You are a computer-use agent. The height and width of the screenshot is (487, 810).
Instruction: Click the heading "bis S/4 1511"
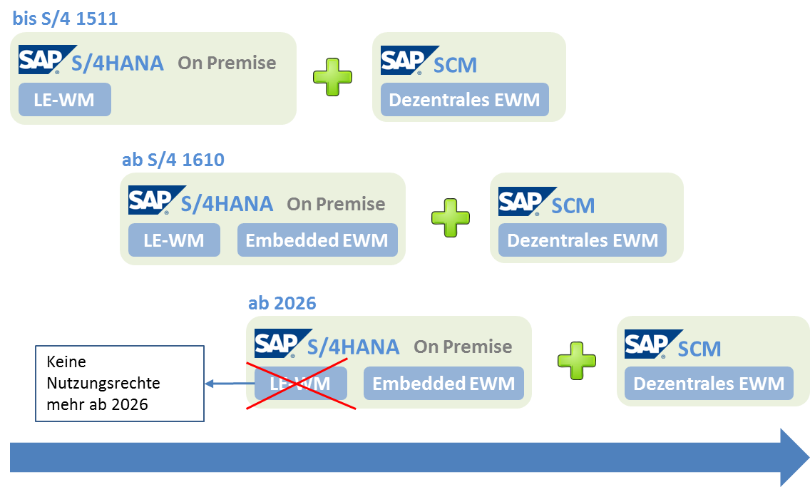(65, 19)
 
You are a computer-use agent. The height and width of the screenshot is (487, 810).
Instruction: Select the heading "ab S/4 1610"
(173, 159)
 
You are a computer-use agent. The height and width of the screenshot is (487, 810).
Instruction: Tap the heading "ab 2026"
(282, 303)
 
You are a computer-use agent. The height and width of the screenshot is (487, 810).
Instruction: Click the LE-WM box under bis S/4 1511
(64, 100)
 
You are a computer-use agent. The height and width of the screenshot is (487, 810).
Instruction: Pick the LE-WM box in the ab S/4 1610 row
(174, 240)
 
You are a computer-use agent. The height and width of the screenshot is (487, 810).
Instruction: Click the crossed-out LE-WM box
(300, 384)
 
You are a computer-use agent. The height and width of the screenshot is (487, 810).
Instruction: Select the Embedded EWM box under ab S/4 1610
(317, 240)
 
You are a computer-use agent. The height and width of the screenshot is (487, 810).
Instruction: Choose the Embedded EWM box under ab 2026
(444, 384)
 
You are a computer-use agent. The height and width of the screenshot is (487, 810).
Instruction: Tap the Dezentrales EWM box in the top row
(464, 100)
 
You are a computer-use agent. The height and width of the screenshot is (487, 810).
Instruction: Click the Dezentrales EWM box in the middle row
(582, 240)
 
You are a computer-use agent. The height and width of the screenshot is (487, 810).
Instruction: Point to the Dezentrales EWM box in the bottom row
(709, 384)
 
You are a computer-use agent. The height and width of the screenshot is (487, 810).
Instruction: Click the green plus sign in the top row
(333, 76)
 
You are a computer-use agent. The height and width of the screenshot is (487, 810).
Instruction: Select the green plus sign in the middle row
(451, 217)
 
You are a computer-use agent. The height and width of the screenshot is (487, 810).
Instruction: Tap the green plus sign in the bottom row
(577, 361)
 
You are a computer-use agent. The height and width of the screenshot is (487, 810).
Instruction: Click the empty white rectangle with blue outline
(120, 384)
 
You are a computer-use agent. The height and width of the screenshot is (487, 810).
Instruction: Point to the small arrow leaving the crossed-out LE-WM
(225, 384)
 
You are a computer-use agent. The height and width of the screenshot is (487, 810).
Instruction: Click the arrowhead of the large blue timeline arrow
(794, 457)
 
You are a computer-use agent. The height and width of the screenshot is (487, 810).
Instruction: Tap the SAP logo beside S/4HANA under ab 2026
(277, 344)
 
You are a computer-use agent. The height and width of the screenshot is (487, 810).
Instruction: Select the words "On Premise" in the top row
(227, 63)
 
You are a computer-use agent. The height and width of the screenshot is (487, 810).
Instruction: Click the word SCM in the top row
(456, 65)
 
